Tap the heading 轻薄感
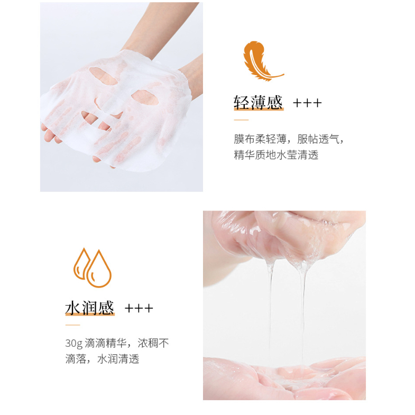(x=258, y=103)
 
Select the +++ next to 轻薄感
(x=307, y=103)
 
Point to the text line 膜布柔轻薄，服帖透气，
(x=289, y=139)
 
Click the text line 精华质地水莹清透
(x=276, y=155)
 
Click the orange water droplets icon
(x=93, y=268)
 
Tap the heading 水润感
(x=90, y=308)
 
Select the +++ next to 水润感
(x=139, y=308)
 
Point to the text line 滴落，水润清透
(x=102, y=359)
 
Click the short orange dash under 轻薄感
(x=241, y=120)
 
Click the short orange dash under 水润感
(x=72, y=325)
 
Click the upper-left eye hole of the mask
(x=103, y=76)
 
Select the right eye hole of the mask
(x=145, y=97)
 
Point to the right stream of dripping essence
(x=302, y=312)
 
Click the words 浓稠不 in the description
(x=153, y=343)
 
